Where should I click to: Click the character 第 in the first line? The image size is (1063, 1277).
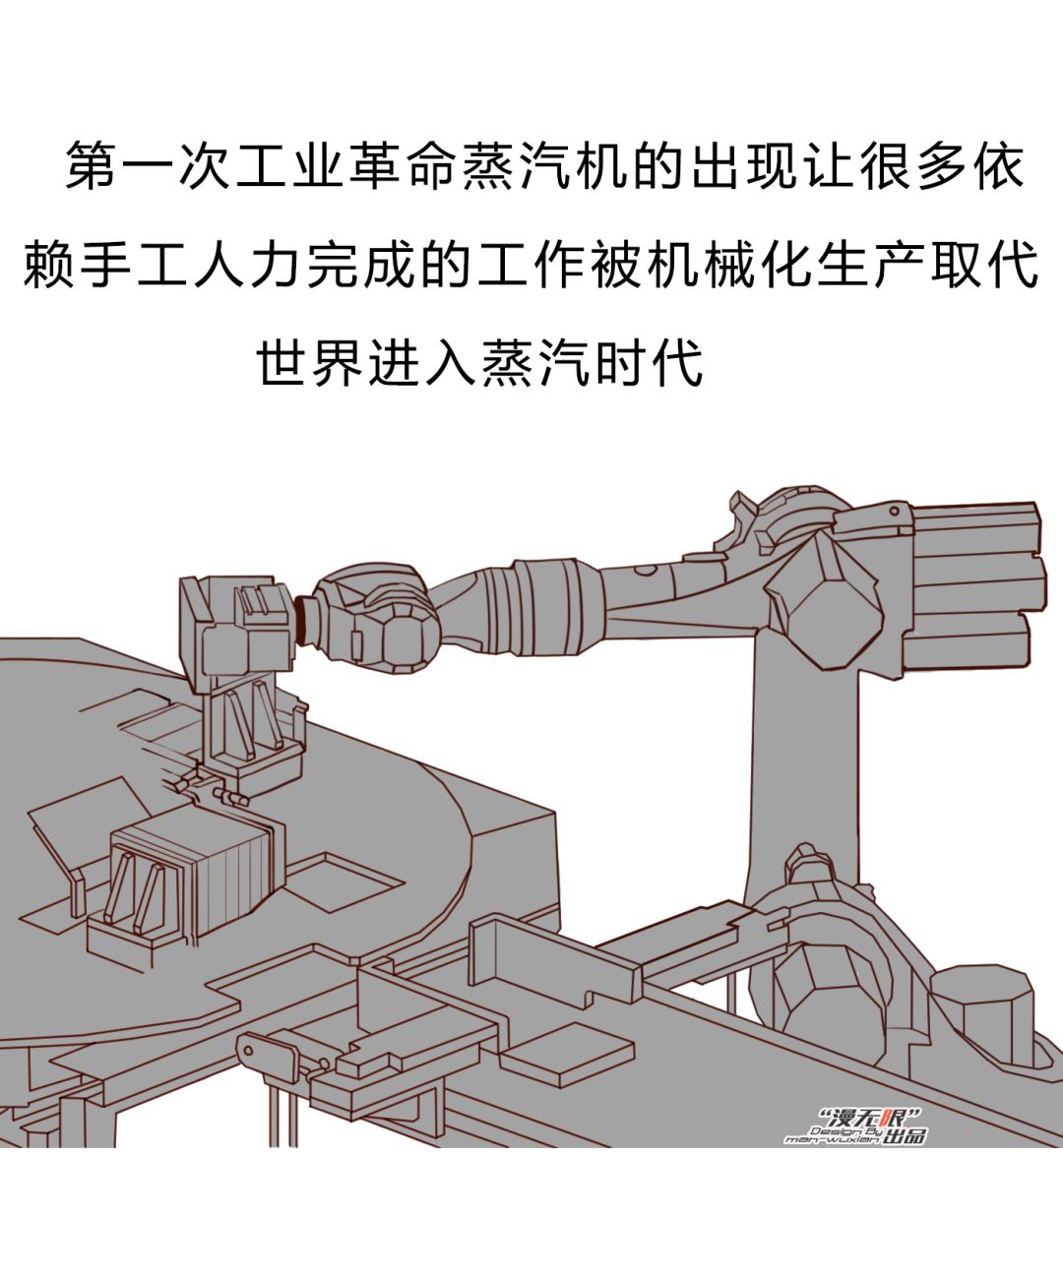[x=92, y=165]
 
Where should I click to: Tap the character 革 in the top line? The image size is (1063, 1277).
[x=375, y=165]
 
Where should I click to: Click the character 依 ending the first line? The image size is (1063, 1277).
[x=998, y=165]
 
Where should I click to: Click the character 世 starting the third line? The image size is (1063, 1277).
[x=281, y=363]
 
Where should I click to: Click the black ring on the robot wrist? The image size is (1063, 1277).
[x=301, y=620]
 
